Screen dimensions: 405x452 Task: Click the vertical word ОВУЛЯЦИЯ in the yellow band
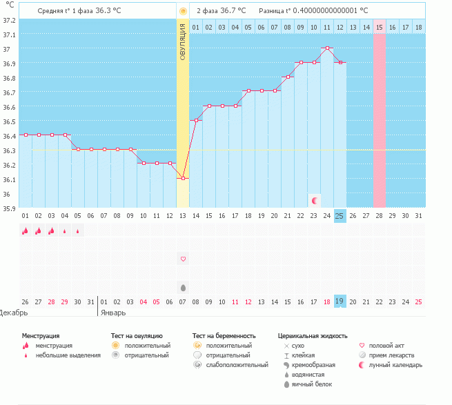click(x=183, y=41)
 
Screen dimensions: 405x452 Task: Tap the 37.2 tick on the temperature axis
click(x=9, y=20)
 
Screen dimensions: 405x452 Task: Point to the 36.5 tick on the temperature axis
click(x=9, y=121)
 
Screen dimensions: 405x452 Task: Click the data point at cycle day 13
click(x=183, y=179)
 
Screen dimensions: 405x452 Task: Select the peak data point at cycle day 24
click(x=327, y=48)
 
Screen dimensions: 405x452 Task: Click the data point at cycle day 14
click(x=196, y=121)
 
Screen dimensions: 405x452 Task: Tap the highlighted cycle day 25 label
click(x=340, y=215)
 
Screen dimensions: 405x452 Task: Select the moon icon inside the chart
click(x=315, y=200)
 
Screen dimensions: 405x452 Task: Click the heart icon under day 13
click(x=183, y=259)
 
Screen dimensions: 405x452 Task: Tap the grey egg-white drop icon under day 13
click(x=183, y=288)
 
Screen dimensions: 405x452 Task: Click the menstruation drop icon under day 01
click(x=25, y=231)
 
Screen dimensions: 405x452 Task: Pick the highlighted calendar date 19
click(x=340, y=302)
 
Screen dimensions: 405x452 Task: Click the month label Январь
click(x=113, y=312)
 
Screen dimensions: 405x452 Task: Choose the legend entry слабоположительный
click(x=235, y=364)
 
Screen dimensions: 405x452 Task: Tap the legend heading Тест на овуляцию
click(x=137, y=335)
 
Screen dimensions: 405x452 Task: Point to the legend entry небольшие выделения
click(x=68, y=355)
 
